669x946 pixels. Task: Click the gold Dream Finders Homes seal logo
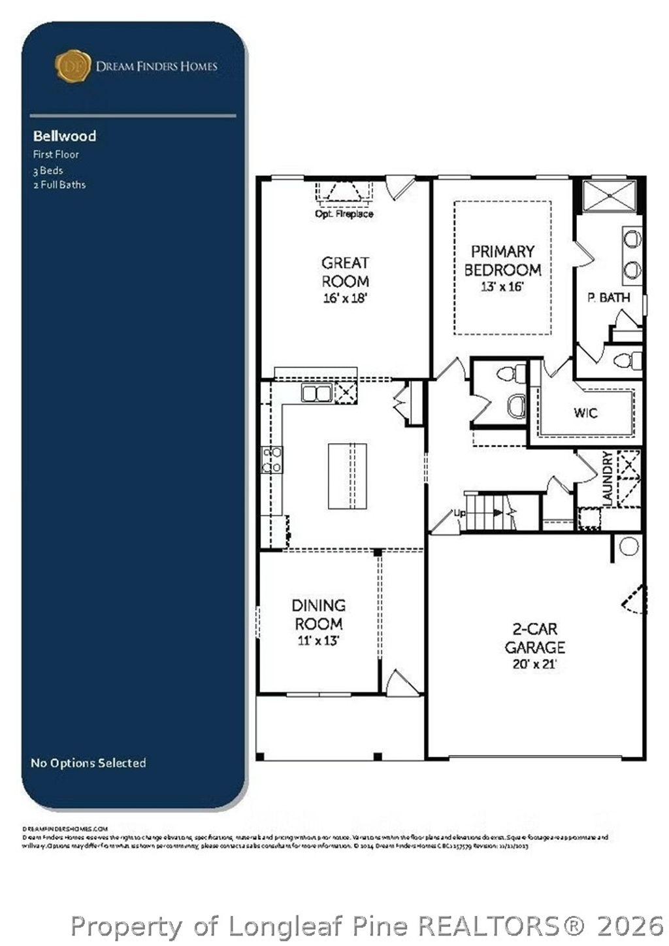[x=73, y=66]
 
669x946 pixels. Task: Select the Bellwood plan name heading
[x=65, y=136]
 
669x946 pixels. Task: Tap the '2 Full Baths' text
[x=59, y=185]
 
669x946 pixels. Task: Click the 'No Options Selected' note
[x=88, y=763]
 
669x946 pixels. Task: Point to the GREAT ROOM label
[x=345, y=272]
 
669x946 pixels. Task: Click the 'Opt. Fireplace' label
[x=344, y=214]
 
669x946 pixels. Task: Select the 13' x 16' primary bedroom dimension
[x=502, y=286]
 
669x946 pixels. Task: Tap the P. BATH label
[x=608, y=297]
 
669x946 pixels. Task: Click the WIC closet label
[x=585, y=413]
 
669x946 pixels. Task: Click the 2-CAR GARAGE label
[x=534, y=638]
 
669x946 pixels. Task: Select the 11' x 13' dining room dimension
[x=318, y=641]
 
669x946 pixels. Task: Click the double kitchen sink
[x=317, y=393]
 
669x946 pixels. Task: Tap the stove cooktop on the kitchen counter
[x=272, y=460]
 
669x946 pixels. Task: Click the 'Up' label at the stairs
[x=460, y=513]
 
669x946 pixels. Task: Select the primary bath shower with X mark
[x=610, y=195]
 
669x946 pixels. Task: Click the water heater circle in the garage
[x=628, y=547]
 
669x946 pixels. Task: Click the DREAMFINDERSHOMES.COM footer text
[x=65, y=828]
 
